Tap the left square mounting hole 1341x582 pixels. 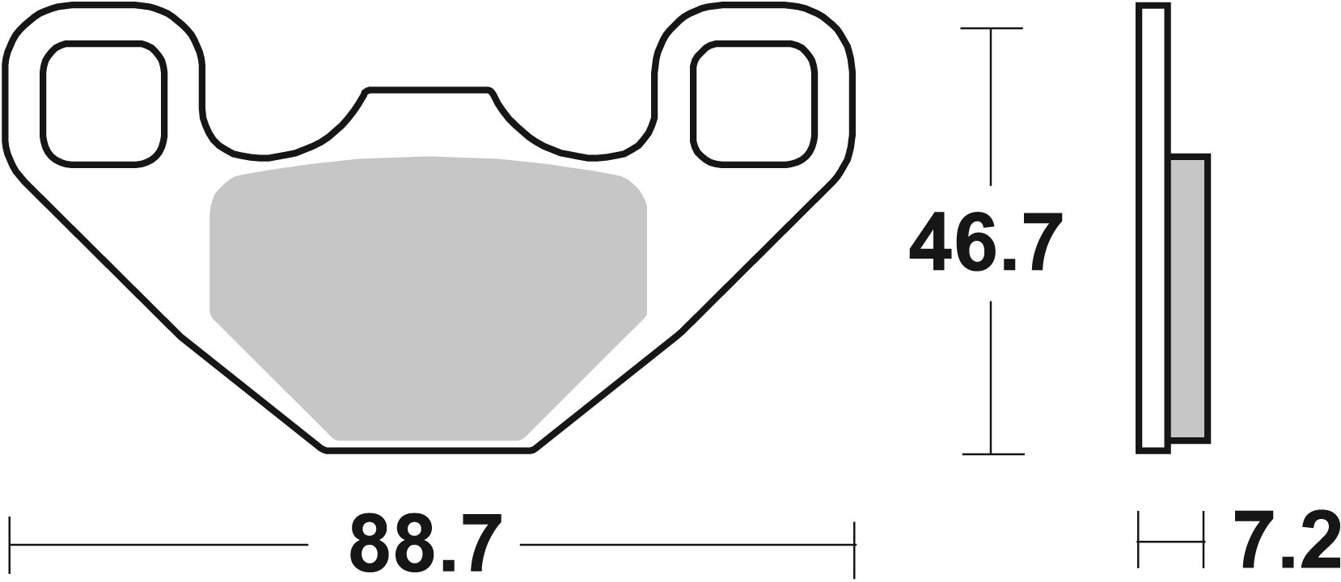click(104, 103)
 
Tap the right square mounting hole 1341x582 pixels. click(752, 103)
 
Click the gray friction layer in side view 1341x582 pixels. click(1189, 299)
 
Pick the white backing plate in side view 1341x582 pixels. click(1154, 226)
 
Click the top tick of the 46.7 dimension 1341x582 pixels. click(991, 28)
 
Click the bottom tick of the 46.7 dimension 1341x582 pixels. click(991, 453)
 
